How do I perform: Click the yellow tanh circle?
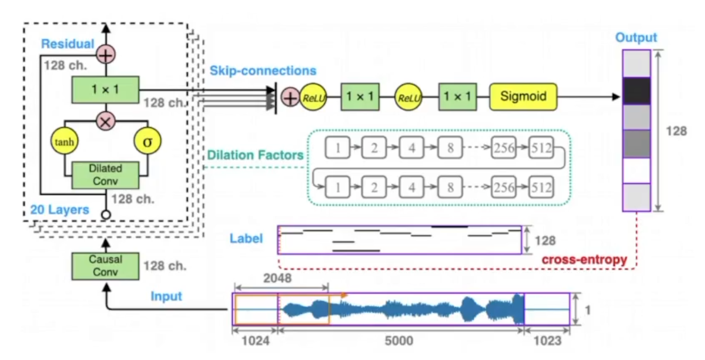64,141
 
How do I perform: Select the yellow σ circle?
147,141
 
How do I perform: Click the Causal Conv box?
105,265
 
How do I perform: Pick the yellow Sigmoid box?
523,96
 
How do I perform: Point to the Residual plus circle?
105,54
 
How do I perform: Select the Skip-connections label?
263,70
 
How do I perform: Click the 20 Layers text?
60,209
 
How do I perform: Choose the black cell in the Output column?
636,91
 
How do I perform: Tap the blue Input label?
167,296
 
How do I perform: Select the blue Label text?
246,238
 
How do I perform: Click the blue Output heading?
636,38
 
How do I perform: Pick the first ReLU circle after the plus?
313,97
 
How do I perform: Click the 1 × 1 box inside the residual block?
105,89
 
